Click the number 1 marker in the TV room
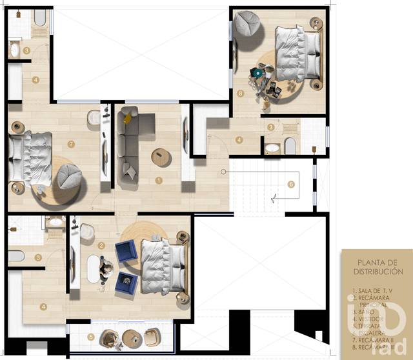tap(159, 180)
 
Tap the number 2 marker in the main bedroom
tap(102, 245)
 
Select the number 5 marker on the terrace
tap(90, 336)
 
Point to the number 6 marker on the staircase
tap(291, 184)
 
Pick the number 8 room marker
tap(240, 94)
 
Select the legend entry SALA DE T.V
tap(372, 292)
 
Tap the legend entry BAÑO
tap(367, 310)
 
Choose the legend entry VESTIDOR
tap(371, 319)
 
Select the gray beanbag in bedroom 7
tap(68, 177)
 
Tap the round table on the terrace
tap(132, 338)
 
